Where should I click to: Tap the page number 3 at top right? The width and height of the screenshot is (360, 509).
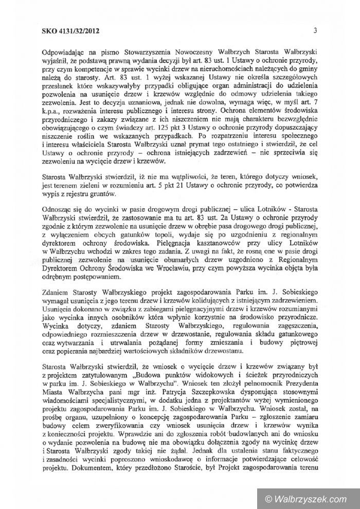(x=313, y=31)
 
